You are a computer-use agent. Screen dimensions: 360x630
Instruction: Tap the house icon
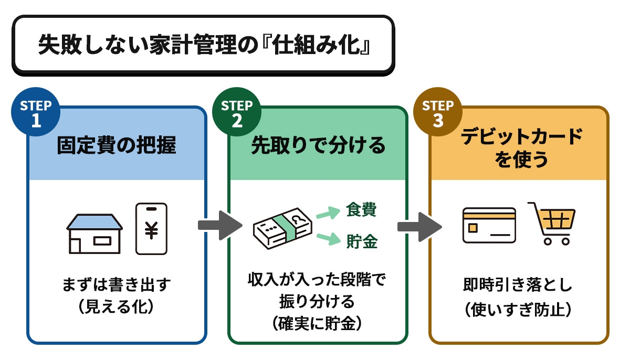[x=94, y=233]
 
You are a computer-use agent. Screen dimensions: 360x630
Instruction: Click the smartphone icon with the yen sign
[x=151, y=229]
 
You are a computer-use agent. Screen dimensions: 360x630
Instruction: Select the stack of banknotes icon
[x=280, y=226]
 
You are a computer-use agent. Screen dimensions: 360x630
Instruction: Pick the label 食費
[x=361, y=210]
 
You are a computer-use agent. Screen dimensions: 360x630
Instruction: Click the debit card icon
[x=489, y=225]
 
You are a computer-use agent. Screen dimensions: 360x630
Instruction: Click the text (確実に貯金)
[x=318, y=324]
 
